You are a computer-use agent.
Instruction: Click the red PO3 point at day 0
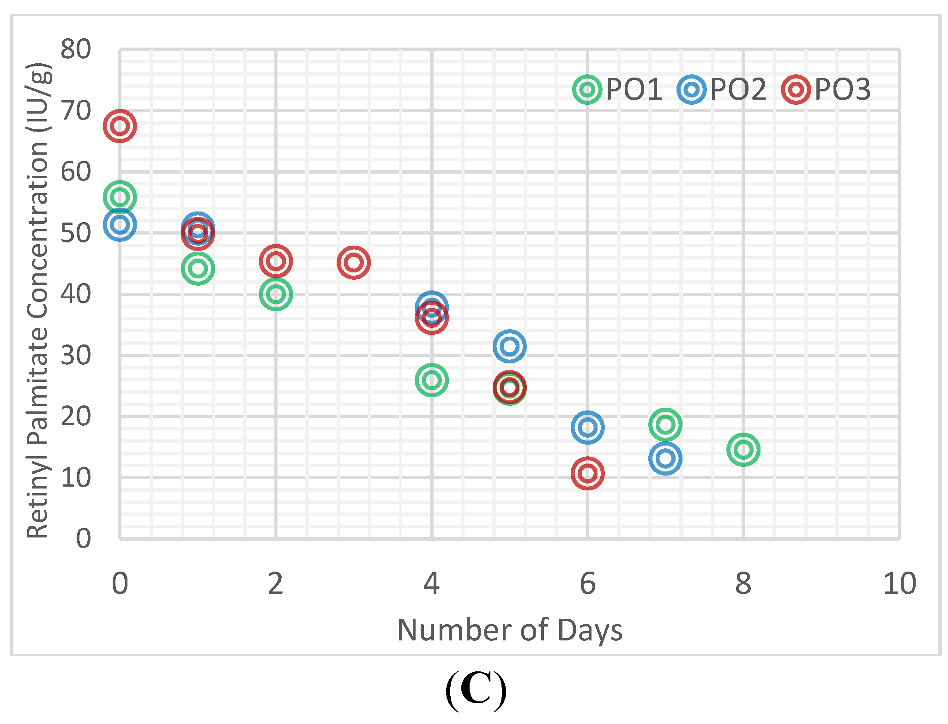[x=120, y=126]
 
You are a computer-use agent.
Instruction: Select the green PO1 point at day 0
[x=120, y=197]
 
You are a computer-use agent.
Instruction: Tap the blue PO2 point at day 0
[x=120, y=224]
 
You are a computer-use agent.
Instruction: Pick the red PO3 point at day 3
[x=353, y=262]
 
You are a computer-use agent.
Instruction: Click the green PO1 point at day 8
[x=743, y=449]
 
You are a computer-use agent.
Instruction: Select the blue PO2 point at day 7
[x=665, y=458]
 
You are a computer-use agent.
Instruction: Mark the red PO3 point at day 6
[x=587, y=473]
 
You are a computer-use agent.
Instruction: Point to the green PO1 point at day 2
[x=276, y=294]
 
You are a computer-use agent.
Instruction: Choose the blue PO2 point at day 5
[x=509, y=346]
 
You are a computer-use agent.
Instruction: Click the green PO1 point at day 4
[x=431, y=380]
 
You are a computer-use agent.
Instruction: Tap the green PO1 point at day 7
[x=665, y=424]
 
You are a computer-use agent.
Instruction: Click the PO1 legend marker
[x=587, y=89]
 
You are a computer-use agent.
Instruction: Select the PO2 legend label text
[x=738, y=89]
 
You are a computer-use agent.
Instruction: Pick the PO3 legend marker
[x=796, y=89]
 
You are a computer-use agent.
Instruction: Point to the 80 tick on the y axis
[x=76, y=49]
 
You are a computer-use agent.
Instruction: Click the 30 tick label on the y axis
[x=76, y=355]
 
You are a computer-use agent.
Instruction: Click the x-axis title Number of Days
[x=509, y=630]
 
